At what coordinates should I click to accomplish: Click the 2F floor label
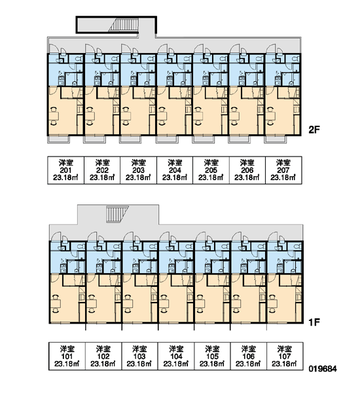coord(314,130)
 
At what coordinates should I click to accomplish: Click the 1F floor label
coord(314,322)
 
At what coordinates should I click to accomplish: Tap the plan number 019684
coord(323,369)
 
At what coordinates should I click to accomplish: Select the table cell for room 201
coord(66,170)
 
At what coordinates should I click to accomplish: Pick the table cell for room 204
coord(175,170)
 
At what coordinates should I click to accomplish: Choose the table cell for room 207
coord(283,170)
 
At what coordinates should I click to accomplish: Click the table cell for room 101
coord(67,356)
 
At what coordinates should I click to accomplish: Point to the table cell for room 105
coord(212,356)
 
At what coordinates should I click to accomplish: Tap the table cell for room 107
coord(285,356)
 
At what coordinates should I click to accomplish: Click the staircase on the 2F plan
coord(124,25)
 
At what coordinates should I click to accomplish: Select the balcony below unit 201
coord(59,140)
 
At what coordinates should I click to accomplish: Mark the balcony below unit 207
coord(276,140)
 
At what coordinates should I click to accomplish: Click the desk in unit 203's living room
coord(126,116)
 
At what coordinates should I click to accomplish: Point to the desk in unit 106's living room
coord(236,304)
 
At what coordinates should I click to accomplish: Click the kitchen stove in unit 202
coord(98,80)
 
